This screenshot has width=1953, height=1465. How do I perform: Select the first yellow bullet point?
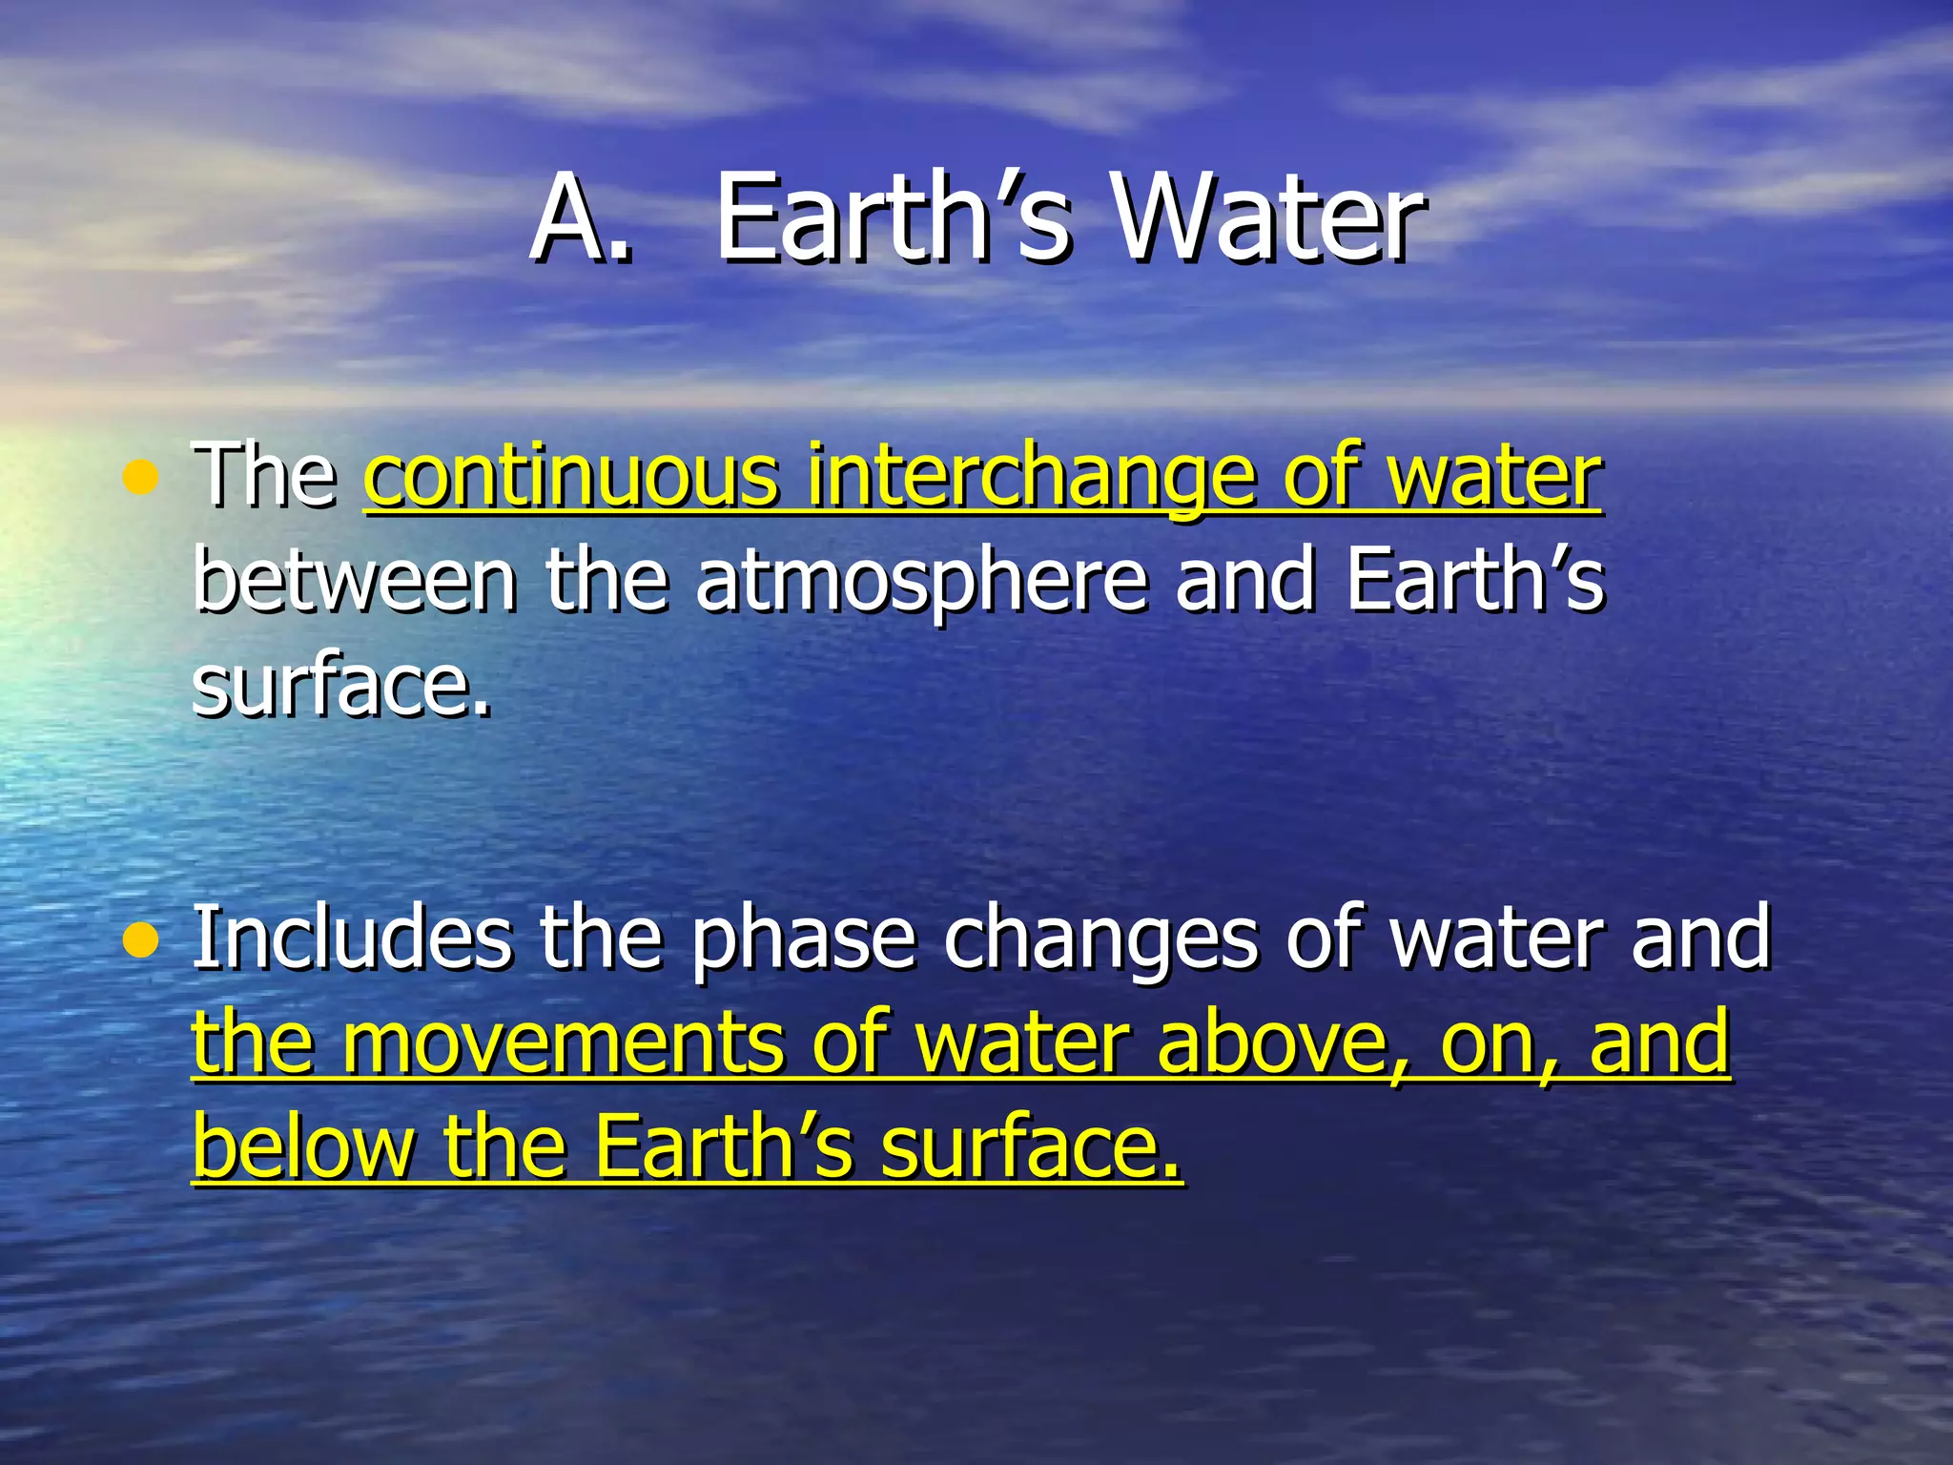141,479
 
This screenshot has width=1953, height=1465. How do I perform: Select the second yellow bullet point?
141,942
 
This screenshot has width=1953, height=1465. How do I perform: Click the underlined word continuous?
570,477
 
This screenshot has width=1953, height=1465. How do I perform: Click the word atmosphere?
921,584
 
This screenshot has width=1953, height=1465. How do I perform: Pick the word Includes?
353,939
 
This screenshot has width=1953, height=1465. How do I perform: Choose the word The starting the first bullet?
263,477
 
